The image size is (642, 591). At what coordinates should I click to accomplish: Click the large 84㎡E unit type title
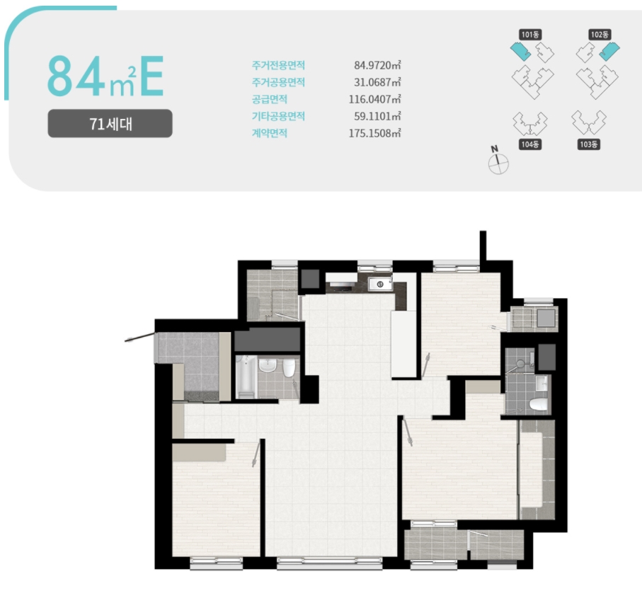tap(105, 76)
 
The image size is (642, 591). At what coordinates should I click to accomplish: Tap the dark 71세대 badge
tap(110, 124)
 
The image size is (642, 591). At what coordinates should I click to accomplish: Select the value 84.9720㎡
tap(377, 65)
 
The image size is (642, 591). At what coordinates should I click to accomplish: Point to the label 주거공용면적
tap(278, 82)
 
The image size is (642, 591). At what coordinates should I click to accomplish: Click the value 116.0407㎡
tap(374, 99)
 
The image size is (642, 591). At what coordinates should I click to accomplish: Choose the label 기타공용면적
tap(278, 116)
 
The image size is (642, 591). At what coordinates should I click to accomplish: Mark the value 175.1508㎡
tap(374, 134)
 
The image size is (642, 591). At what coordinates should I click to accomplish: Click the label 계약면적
tap(270, 133)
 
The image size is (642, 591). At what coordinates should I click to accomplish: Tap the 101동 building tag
tap(530, 35)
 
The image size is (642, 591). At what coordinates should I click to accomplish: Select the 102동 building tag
tap(600, 35)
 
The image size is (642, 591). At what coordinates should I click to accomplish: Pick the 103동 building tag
tap(589, 144)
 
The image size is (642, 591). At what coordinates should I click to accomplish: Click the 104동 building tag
tap(530, 144)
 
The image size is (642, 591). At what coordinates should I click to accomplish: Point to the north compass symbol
tap(498, 161)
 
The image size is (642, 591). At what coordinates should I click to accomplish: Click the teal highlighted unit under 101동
tap(520, 51)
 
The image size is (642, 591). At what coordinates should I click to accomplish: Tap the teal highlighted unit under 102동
tap(609, 51)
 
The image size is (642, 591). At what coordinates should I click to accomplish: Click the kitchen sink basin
tap(380, 284)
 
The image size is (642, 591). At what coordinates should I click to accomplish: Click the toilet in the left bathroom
tap(289, 367)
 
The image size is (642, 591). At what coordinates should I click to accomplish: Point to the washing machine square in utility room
tap(546, 318)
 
